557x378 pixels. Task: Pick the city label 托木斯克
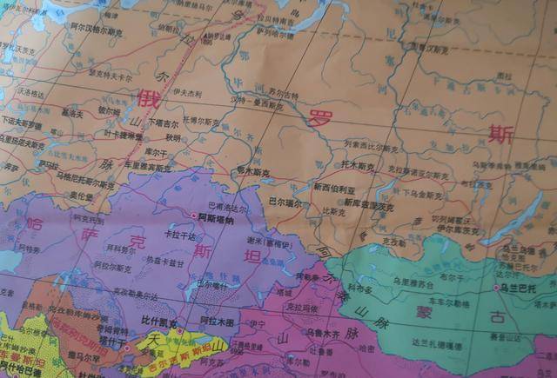point(357,165)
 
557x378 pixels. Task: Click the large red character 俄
point(147,99)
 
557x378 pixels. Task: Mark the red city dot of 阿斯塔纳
point(193,218)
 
